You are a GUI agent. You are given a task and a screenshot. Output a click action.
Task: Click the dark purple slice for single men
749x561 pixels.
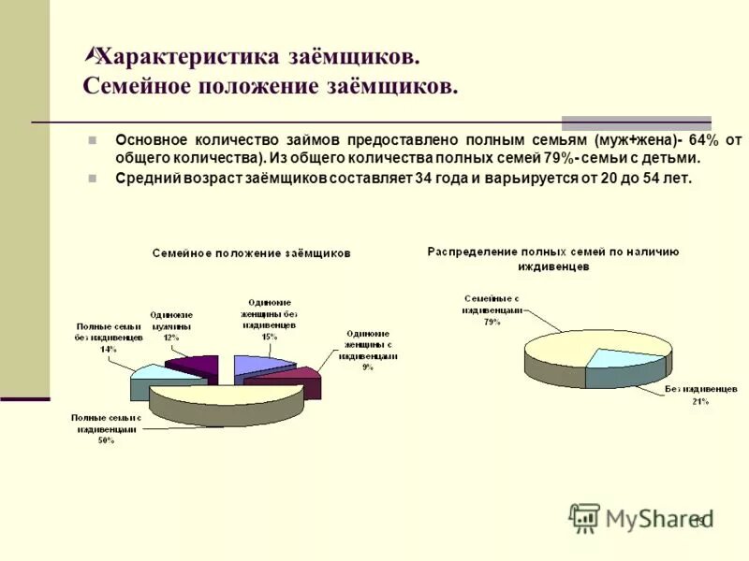pyautogui.click(x=192, y=365)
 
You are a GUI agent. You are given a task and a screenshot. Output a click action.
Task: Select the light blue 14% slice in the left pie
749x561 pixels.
pyautogui.click(x=154, y=376)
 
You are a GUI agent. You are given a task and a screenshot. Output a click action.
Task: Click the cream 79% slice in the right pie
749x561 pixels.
pyautogui.click(x=562, y=351)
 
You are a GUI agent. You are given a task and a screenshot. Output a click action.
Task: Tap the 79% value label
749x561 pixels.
pyautogui.click(x=492, y=322)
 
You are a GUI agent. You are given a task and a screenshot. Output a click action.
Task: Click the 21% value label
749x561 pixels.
pyautogui.click(x=700, y=401)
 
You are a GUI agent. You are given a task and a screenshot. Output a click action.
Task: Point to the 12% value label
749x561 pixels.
pyautogui.click(x=170, y=338)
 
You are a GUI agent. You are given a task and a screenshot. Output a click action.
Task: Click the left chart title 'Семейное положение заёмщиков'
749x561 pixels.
pyautogui.click(x=253, y=253)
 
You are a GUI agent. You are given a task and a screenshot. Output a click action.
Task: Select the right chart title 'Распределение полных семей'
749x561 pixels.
pyautogui.click(x=552, y=252)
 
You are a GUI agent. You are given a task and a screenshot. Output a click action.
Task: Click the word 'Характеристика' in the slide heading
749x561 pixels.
pyautogui.click(x=188, y=56)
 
